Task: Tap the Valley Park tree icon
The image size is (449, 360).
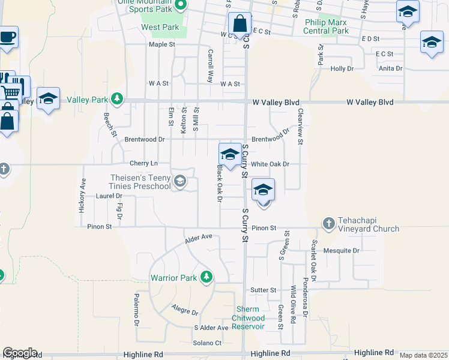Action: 119,98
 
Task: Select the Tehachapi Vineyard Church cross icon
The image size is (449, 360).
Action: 328,223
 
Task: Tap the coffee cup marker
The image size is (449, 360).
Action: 8,36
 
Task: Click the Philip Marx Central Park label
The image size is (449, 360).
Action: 327,26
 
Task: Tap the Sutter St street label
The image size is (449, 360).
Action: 264,290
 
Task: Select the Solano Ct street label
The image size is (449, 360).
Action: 207,343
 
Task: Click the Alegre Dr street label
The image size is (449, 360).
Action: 185,313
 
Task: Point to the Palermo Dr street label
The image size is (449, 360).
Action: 137,310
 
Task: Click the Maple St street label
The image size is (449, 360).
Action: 161,44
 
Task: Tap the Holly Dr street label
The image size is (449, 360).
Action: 342,69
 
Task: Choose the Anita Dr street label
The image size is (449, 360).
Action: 391,68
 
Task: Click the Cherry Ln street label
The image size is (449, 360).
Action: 143,163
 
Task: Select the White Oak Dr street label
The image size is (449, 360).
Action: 270,164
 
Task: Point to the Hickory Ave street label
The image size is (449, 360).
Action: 82,196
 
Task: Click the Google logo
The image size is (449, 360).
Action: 20,353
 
